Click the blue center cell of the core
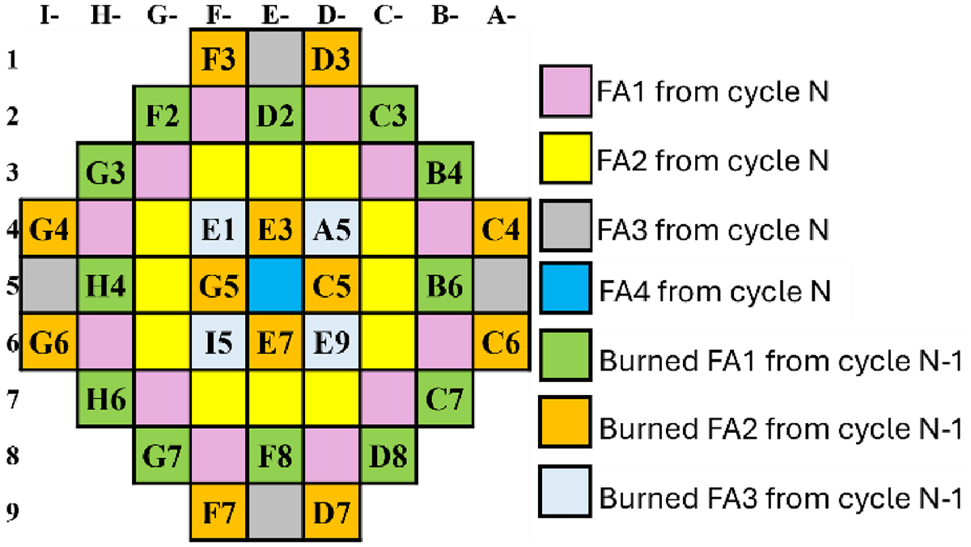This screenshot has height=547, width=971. (x=275, y=286)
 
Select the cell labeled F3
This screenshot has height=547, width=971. (x=218, y=58)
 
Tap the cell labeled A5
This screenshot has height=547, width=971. (x=332, y=231)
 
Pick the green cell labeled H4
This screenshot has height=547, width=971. (x=105, y=286)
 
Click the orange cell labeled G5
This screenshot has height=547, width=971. (x=218, y=286)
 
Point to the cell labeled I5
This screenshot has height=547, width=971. (x=218, y=345)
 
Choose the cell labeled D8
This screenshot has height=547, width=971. (x=388, y=458)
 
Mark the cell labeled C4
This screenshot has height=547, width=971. (x=502, y=231)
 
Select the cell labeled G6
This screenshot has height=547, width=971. (x=49, y=345)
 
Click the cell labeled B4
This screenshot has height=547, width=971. (x=445, y=173)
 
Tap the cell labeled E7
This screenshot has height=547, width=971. (x=275, y=345)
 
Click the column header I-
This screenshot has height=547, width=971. (x=50, y=15)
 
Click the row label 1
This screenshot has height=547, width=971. (x=9, y=58)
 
